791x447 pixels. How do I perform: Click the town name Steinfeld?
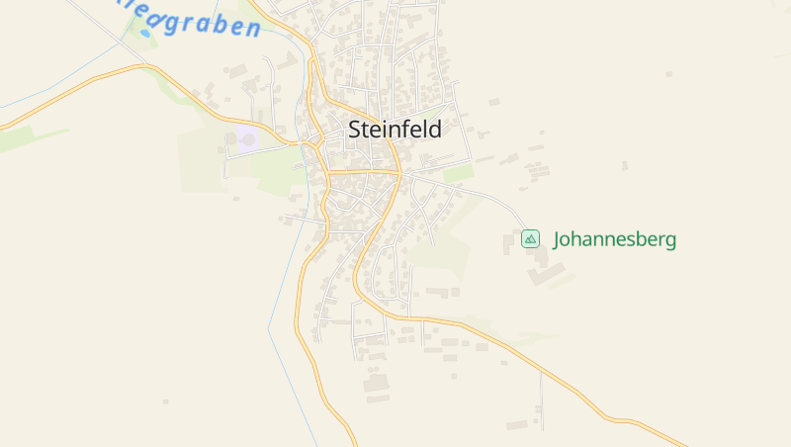(x=395, y=130)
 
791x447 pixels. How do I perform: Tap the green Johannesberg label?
(x=614, y=239)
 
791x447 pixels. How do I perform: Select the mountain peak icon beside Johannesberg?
(x=531, y=238)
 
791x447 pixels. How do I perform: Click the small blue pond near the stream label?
(x=145, y=33)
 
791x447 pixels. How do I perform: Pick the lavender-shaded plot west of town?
(x=247, y=137)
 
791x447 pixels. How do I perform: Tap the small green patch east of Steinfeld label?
(x=458, y=174)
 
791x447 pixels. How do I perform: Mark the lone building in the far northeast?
(x=669, y=74)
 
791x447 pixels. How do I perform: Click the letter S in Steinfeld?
(x=355, y=130)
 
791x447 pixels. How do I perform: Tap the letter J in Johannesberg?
(x=559, y=239)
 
